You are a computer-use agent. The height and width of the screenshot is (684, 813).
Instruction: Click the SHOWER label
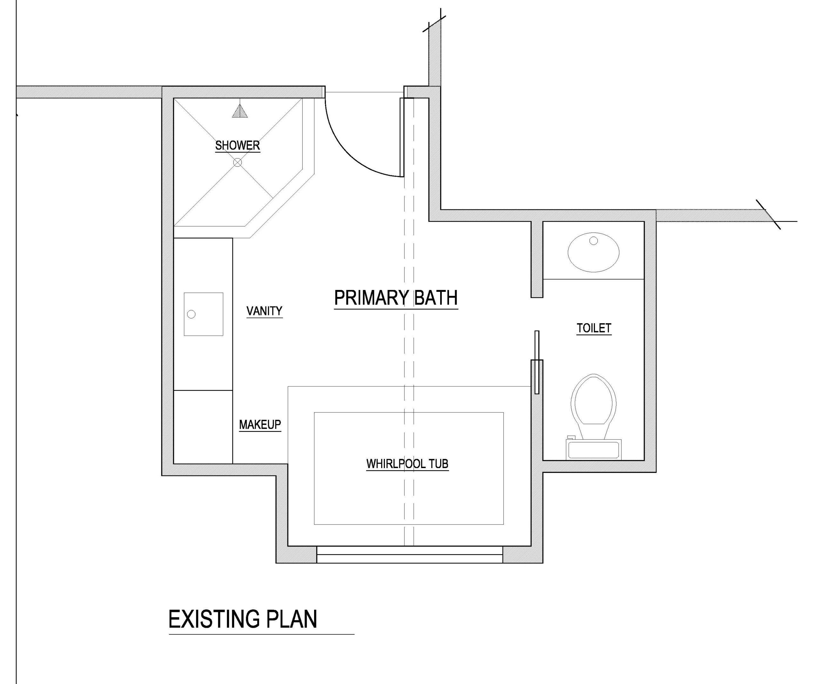click(237, 145)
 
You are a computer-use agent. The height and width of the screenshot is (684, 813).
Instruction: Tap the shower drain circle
click(238, 163)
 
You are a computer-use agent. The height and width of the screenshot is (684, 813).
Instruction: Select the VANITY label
click(265, 311)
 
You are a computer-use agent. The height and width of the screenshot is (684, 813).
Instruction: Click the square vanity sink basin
click(204, 314)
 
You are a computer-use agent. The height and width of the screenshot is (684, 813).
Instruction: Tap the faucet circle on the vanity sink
click(191, 314)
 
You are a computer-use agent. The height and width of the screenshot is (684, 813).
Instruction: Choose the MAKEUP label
click(260, 425)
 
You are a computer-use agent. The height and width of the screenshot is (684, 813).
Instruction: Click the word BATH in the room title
click(436, 298)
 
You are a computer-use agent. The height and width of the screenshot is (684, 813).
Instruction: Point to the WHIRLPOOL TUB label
click(407, 464)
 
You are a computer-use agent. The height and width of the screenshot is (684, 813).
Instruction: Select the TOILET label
click(594, 328)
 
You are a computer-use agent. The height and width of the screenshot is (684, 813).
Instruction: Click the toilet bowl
click(594, 401)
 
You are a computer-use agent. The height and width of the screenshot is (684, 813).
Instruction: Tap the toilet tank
click(594, 449)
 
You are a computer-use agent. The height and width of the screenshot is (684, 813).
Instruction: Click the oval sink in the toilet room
click(594, 252)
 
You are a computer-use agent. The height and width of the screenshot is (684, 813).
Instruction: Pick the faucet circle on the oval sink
click(594, 241)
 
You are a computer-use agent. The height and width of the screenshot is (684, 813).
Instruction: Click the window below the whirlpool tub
click(410, 554)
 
